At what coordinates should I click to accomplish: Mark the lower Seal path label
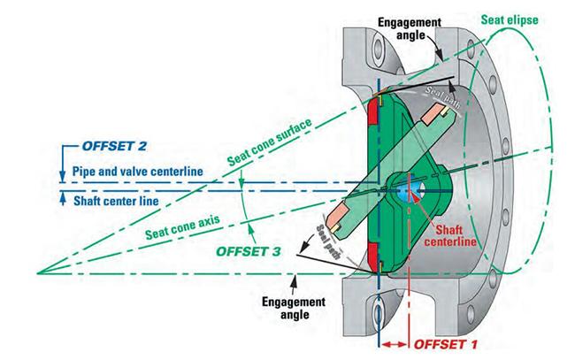[329, 242]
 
